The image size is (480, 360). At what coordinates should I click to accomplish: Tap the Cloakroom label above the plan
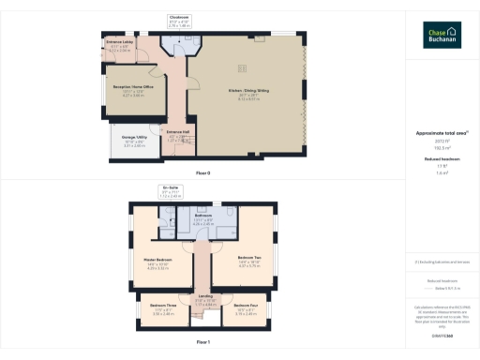(179, 18)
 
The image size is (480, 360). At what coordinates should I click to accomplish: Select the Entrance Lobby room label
(119, 44)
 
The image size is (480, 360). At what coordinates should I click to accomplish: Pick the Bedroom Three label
(152, 307)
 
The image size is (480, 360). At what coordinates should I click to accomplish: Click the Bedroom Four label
(247, 307)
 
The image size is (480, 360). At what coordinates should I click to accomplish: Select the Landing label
(204, 298)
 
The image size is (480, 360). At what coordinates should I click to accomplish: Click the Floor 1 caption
(203, 343)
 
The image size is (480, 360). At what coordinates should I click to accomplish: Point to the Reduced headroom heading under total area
(442, 159)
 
